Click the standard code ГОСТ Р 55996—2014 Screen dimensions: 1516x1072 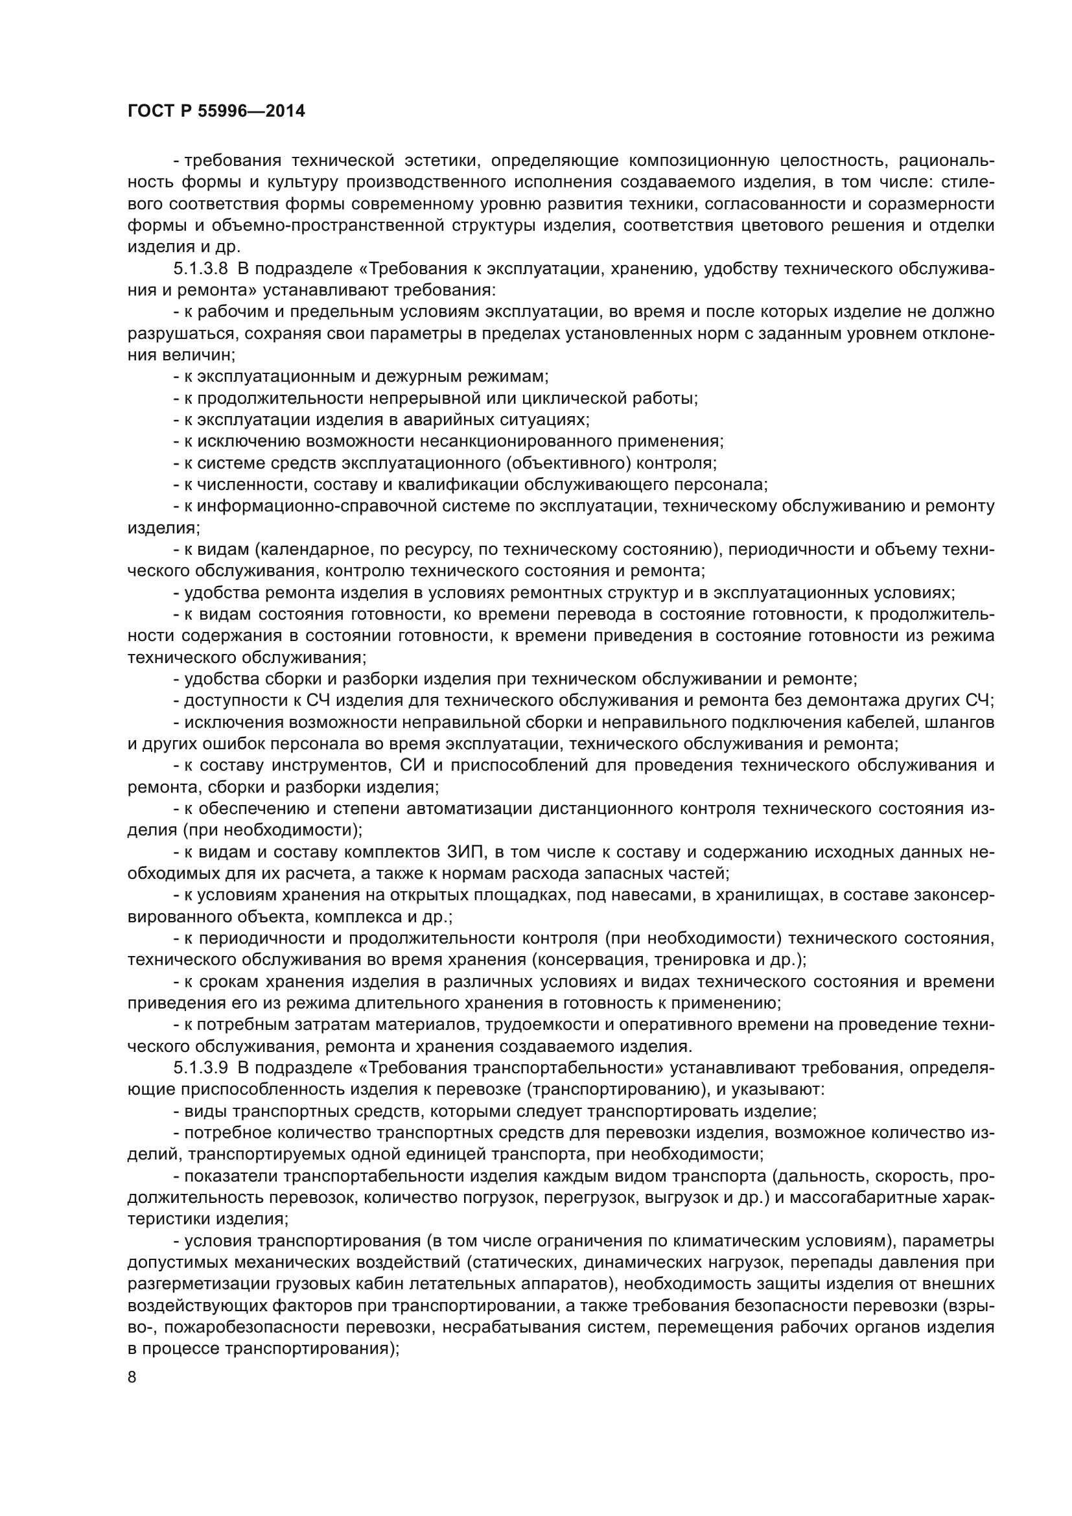[x=216, y=111]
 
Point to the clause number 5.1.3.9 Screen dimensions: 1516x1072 [x=201, y=1067]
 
